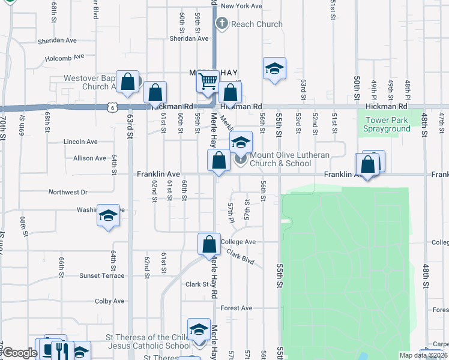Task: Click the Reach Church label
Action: point(257,25)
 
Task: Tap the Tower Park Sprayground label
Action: point(387,124)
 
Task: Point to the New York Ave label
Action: point(241,6)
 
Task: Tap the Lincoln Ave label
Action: point(80,142)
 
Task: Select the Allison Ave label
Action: point(89,158)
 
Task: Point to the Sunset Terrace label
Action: point(102,276)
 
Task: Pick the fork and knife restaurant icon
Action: point(61,350)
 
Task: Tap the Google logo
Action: point(19,353)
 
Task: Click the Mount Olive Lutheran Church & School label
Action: point(289,159)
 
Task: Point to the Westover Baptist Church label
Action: point(91,82)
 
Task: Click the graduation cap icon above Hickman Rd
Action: point(274,68)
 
